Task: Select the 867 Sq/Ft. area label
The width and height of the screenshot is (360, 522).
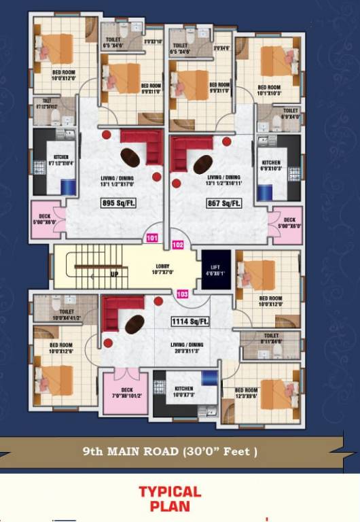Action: (223, 203)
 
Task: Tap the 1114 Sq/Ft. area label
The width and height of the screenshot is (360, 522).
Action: (190, 321)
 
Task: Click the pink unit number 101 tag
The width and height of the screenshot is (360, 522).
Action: (152, 239)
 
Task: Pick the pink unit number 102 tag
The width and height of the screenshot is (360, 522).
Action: (178, 244)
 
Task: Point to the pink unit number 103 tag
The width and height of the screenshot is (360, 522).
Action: (182, 294)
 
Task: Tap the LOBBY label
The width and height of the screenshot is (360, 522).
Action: (162, 269)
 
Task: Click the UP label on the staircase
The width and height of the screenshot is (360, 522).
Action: (114, 275)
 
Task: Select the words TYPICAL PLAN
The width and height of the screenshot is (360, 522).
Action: (170, 498)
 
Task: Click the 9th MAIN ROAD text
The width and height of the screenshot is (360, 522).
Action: (170, 451)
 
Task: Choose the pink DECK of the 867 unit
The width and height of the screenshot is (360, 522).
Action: (287, 224)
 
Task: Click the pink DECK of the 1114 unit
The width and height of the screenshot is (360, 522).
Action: (126, 391)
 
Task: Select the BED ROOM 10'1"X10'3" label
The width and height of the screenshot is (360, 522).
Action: (269, 90)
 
